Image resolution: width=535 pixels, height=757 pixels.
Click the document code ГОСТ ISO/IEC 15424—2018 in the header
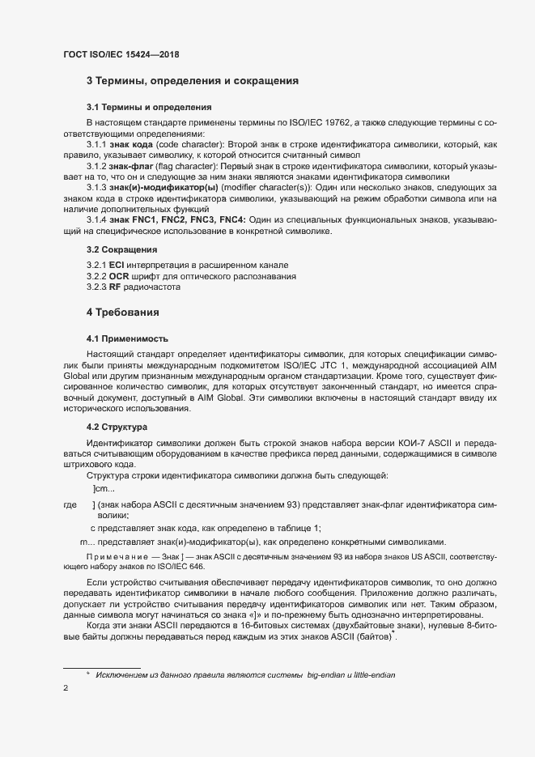pos(121,55)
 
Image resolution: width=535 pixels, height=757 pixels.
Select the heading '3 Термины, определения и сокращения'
pos(193,81)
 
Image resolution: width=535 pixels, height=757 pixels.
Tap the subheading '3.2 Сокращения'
pos(121,249)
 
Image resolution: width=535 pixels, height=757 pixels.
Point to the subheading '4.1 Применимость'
pos(128,338)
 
